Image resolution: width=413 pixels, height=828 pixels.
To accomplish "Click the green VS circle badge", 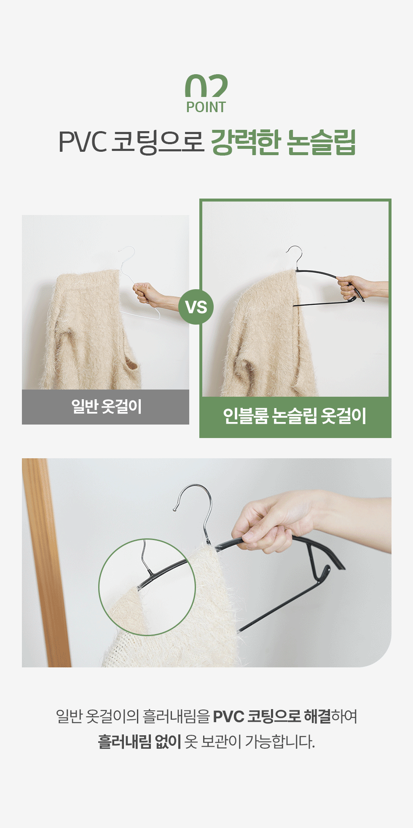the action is (x=196, y=307).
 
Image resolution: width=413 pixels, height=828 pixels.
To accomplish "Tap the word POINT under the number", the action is (x=206, y=108).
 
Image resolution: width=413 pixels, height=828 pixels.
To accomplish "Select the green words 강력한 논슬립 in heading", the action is (x=283, y=142).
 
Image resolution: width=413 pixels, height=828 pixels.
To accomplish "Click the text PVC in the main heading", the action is (x=82, y=142).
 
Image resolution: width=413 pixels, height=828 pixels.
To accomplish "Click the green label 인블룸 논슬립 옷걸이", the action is (x=295, y=417).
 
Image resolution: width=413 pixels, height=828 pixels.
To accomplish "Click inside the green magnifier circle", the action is (x=147, y=587).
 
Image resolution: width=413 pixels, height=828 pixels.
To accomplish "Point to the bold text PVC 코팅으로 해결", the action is (x=272, y=716).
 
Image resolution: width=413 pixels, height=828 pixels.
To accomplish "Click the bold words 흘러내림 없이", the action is (x=139, y=741).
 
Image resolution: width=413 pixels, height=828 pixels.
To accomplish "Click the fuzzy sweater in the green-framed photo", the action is (x=270, y=337).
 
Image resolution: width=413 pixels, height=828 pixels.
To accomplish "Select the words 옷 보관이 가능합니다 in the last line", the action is (x=250, y=741).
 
